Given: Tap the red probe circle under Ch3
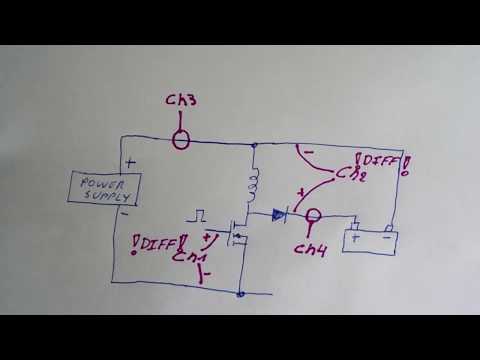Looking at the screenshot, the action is (179, 137).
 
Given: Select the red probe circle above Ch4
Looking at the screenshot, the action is (312, 215).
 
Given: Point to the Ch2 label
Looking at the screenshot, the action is (349, 174).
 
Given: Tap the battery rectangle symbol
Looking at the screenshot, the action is (366, 241).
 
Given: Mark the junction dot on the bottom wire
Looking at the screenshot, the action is (242, 294).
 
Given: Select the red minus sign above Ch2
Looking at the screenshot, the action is (307, 154).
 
